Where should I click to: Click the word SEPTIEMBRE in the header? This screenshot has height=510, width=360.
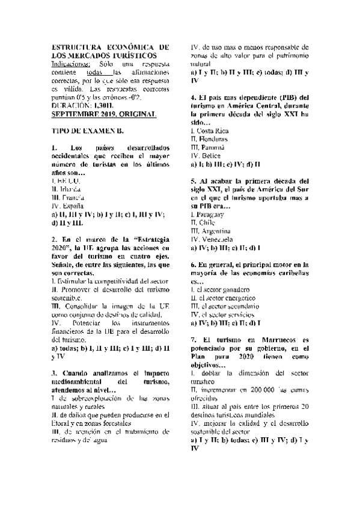point(78,114)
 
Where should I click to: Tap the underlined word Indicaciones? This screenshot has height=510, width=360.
point(72,63)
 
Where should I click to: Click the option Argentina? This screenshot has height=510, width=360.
point(213,231)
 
